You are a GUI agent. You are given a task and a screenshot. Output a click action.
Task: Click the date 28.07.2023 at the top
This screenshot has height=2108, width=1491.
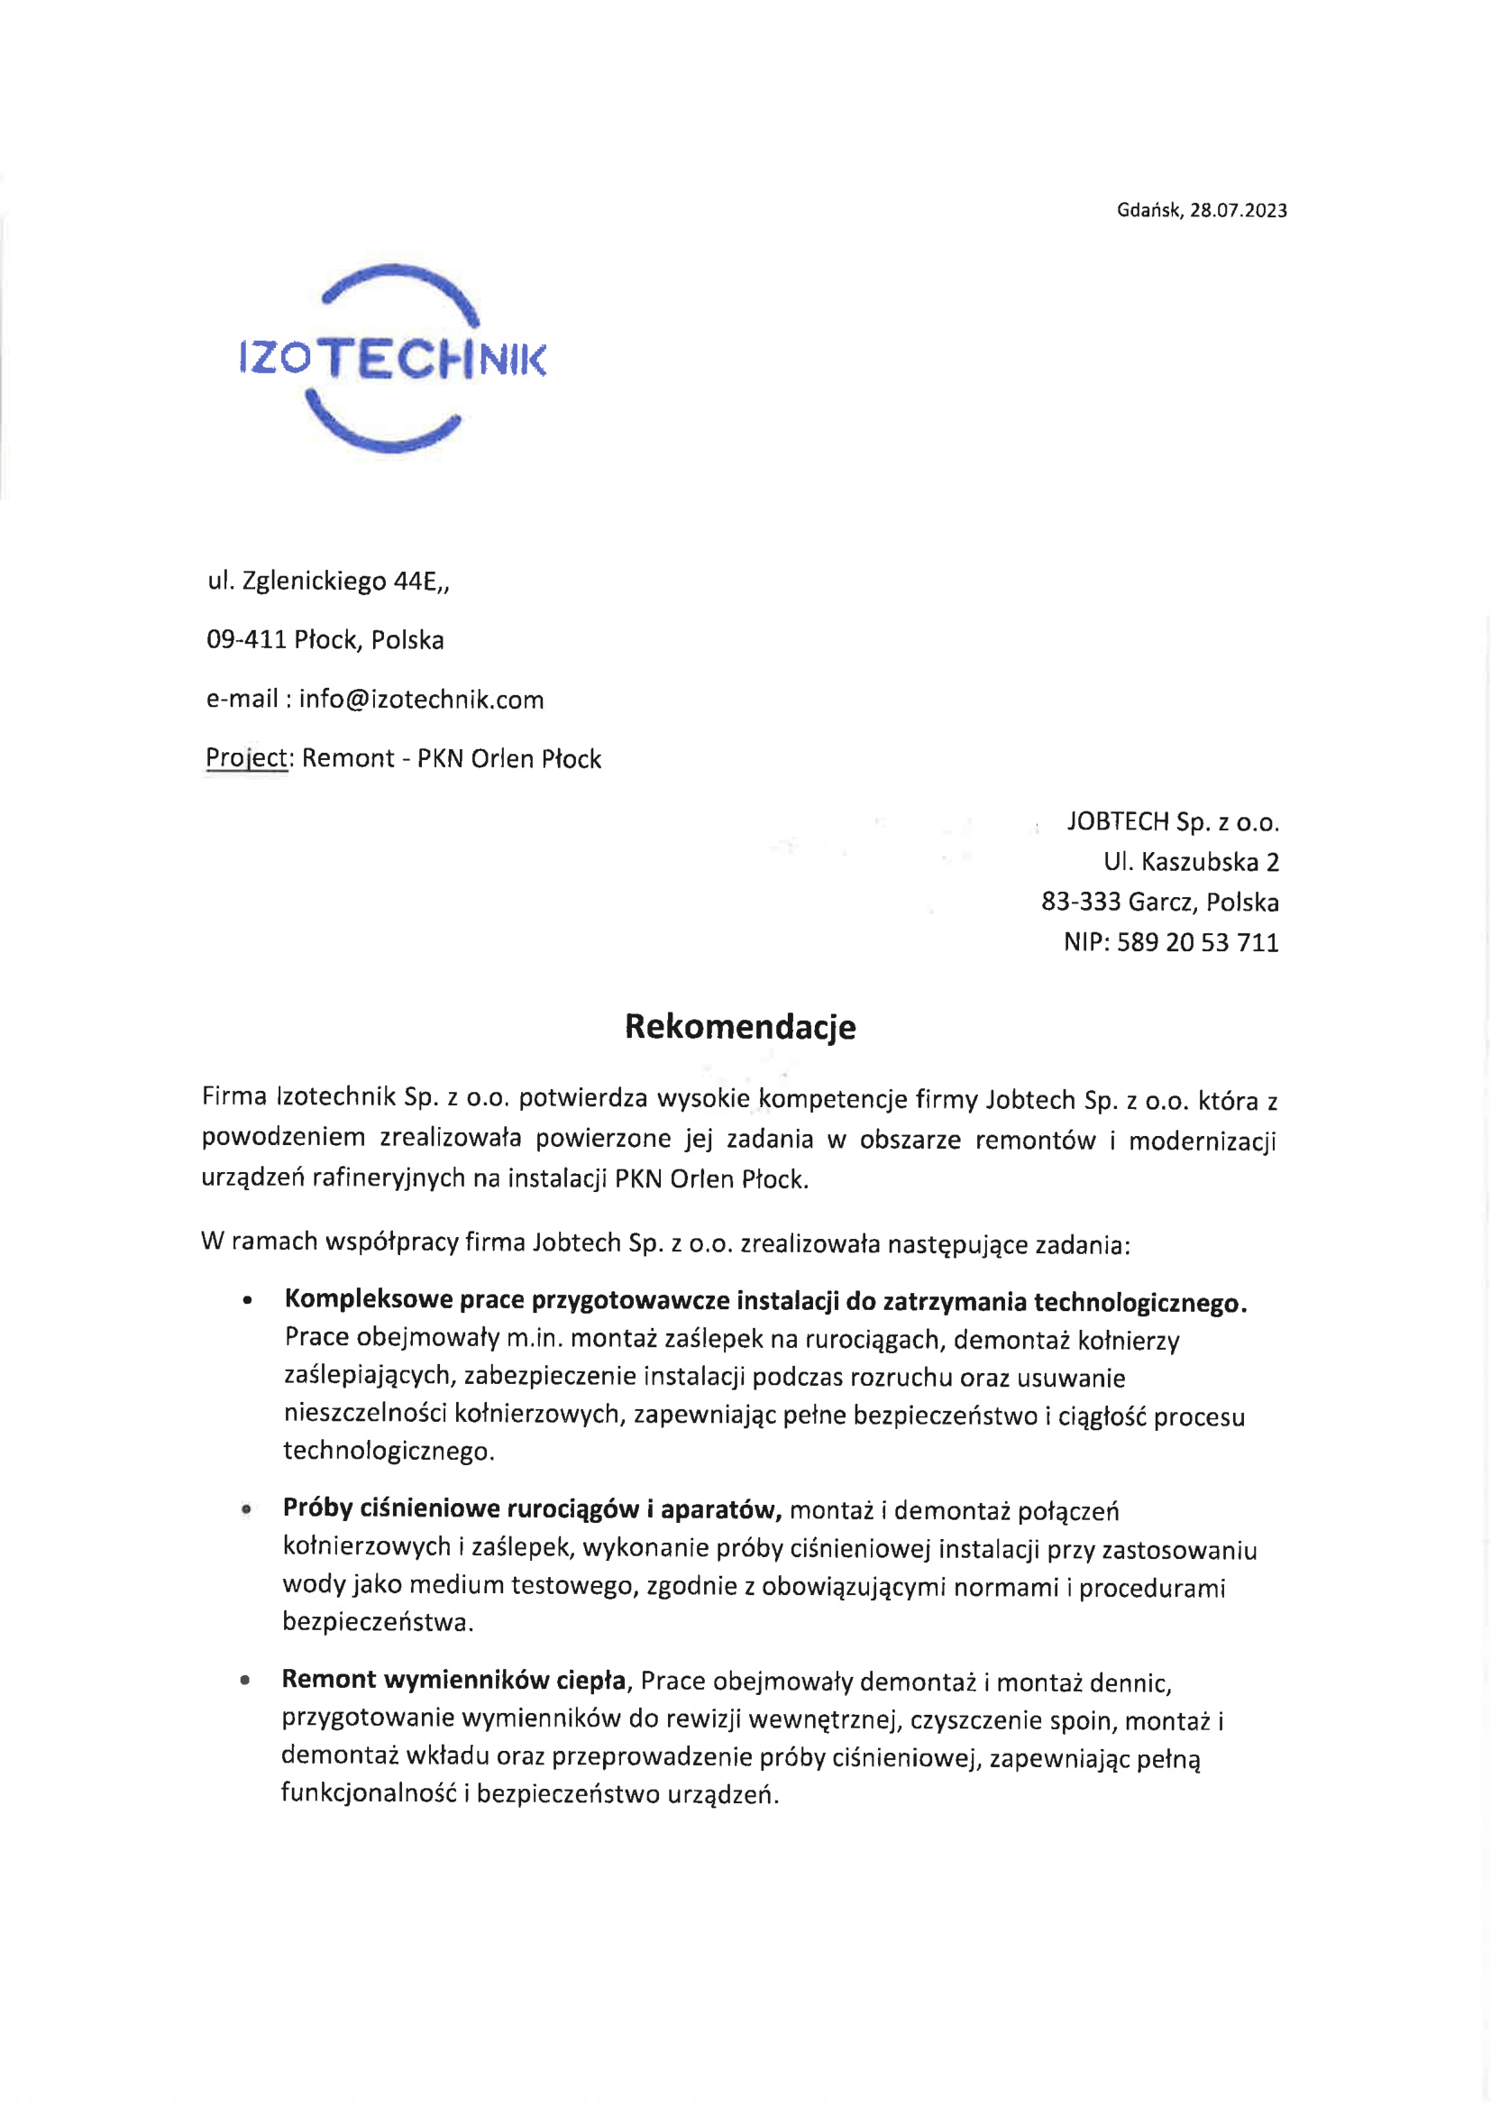1239,210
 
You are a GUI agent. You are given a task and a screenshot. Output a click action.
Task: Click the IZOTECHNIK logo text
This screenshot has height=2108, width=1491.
392,359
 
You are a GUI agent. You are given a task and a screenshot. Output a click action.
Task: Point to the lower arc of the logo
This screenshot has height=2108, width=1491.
384,433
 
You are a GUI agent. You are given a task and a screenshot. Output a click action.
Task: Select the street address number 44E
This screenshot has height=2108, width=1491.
416,582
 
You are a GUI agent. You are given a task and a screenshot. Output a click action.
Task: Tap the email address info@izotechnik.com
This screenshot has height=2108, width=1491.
420,700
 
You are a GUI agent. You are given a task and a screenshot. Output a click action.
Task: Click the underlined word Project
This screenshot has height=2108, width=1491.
246,758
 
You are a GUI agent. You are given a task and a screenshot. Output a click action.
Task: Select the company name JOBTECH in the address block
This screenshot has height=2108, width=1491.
1117,820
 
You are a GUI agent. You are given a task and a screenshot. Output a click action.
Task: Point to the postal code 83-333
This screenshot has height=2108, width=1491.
1081,902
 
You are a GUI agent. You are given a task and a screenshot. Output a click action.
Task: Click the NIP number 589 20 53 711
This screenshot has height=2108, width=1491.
1197,942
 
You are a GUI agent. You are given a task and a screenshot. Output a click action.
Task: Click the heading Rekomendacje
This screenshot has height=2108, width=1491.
740,1026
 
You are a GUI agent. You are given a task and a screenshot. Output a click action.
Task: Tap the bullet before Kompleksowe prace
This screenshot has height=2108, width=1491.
248,1302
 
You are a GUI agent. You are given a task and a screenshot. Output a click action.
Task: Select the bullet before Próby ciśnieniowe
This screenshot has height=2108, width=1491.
246,1509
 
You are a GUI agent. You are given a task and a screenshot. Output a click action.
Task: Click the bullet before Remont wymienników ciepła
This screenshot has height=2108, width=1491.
245,1681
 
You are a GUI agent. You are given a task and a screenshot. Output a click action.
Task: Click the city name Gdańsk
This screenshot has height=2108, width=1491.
1148,210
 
